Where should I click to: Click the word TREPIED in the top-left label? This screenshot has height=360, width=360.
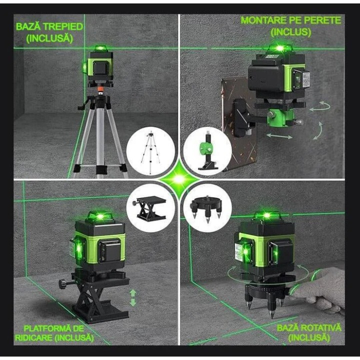(62, 26)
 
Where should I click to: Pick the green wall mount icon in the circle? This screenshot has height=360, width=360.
(207, 153)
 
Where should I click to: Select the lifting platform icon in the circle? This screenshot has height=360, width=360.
(151, 208)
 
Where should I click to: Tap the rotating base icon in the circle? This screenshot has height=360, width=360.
(208, 208)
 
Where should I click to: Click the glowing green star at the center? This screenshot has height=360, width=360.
(179, 179)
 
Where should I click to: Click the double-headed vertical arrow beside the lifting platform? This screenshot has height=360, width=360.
(133, 298)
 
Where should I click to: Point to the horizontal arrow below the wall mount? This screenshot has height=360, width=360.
(280, 136)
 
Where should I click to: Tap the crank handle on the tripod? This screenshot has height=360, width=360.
(81, 106)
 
